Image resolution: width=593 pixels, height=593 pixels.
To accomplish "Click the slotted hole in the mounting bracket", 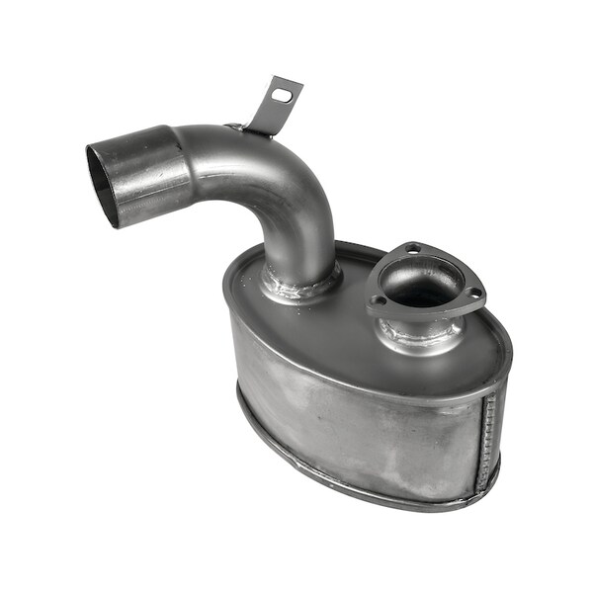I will pos(283,96).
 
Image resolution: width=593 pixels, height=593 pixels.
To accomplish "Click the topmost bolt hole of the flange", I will pos(413,248).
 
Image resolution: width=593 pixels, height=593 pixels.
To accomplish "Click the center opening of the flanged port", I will pos(423,282).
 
